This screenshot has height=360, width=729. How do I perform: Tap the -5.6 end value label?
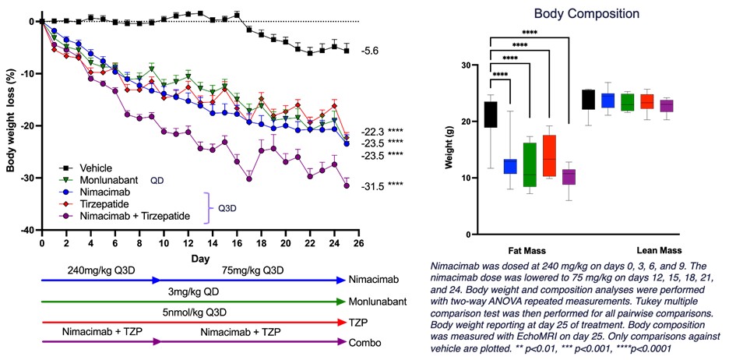coord(370,51)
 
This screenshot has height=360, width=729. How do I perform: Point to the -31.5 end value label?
coord(372,185)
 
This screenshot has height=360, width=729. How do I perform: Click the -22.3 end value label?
coord(372,131)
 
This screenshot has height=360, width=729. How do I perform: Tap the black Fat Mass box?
coord(490,114)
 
